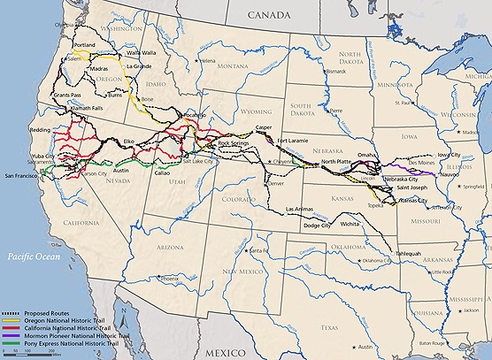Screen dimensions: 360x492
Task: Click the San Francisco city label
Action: pos(24,177)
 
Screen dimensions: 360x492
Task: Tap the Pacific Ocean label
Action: pos(34,255)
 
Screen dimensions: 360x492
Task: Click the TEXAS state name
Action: pos(331,326)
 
